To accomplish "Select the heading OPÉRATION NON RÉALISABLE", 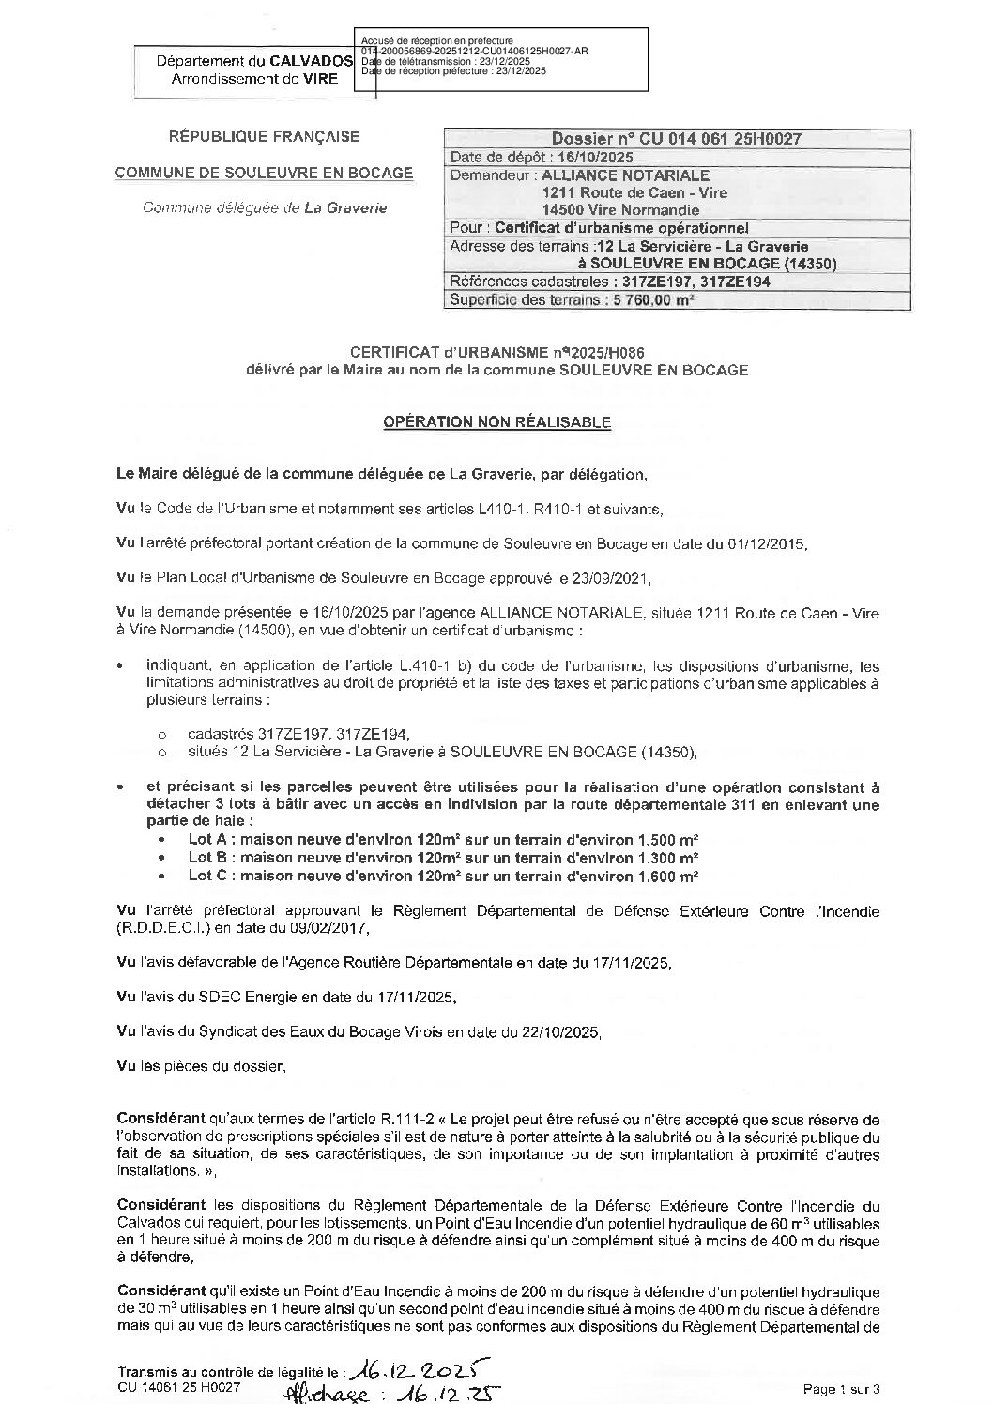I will [x=497, y=422].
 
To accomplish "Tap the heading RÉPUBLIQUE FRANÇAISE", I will [x=263, y=137].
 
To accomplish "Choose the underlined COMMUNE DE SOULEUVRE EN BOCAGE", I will [x=263, y=173].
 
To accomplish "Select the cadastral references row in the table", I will [x=610, y=282].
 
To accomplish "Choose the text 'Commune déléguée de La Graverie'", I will [x=264, y=208].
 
